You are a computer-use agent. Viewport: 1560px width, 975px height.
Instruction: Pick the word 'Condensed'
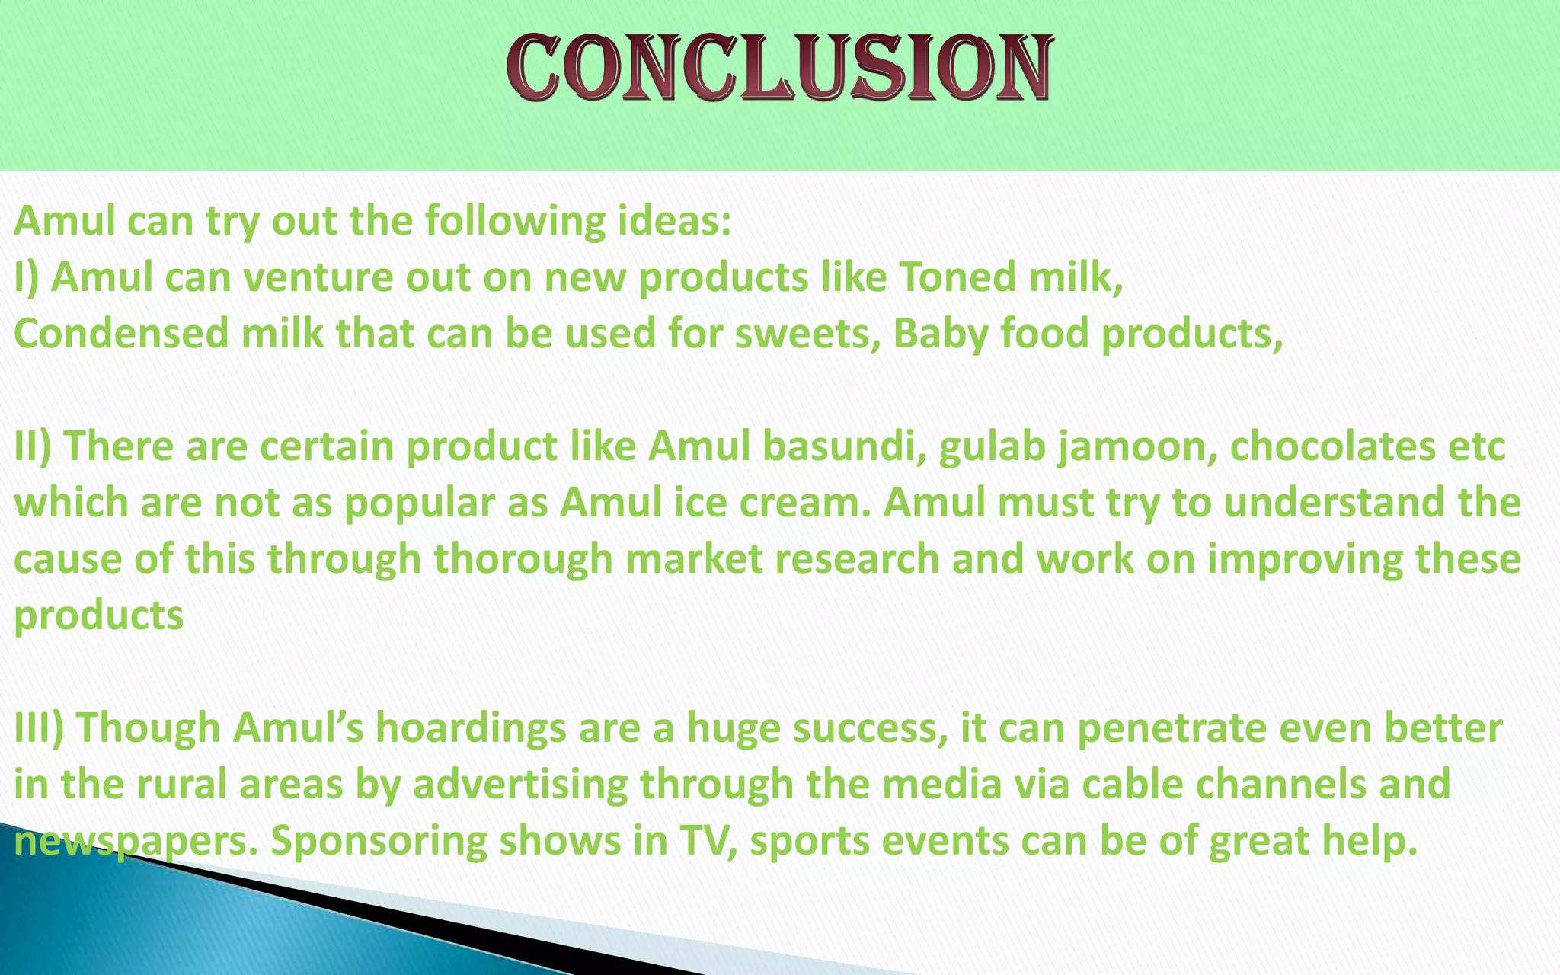[x=121, y=334]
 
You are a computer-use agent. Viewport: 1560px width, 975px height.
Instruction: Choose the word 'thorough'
[x=524, y=559]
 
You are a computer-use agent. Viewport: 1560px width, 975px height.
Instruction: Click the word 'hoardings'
[x=470, y=728]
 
